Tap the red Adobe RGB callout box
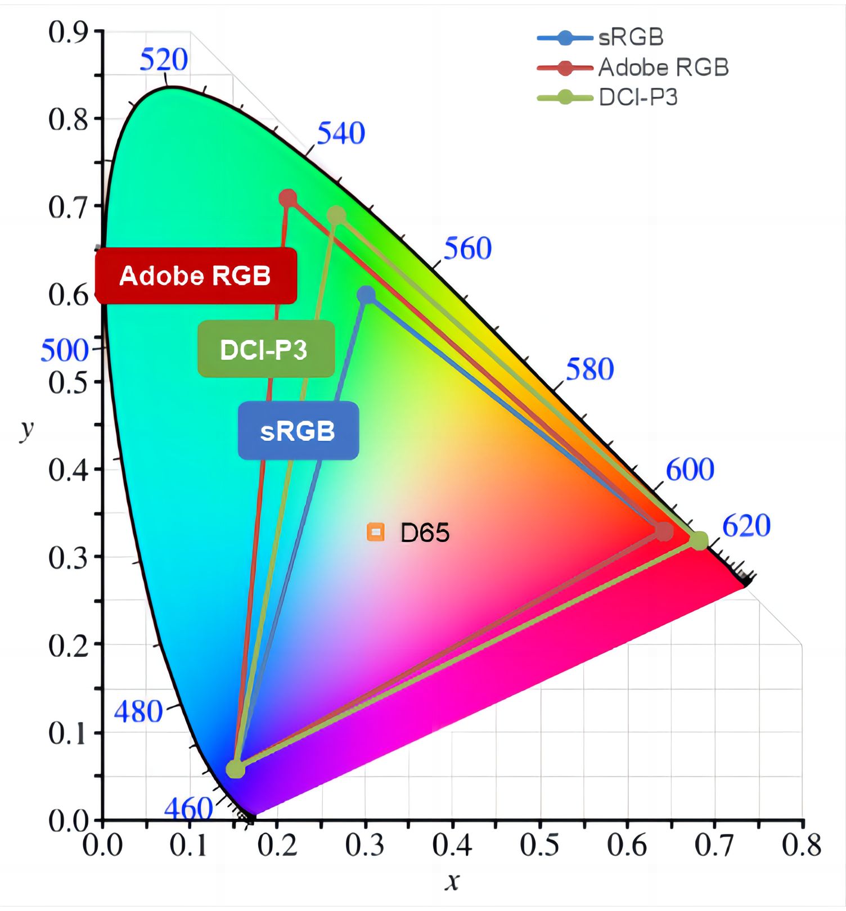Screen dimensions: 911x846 [x=195, y=276]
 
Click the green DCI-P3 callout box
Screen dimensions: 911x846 [x=265, y=349]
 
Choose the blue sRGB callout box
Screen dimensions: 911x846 [x=298, y=431]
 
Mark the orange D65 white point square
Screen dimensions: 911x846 [x=375, y=531]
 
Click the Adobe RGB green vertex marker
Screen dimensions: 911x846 [x=288, y=198]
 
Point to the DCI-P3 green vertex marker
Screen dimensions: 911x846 [x=336, y=215]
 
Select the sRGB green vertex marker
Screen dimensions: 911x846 [x=366, y=295]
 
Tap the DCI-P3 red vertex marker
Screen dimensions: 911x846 [x=699, y=540]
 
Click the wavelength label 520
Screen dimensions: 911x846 [x=164, y=60]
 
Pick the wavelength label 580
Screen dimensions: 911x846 [x=589, y=369]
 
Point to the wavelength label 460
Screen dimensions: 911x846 [x=188, y=809]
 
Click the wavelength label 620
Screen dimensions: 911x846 [x=746, y=526]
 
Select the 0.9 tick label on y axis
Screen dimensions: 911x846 [x=68, y=33]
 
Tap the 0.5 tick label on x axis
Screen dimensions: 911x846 [x=539, y=845]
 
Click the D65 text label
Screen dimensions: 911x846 [x=425, y=533]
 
